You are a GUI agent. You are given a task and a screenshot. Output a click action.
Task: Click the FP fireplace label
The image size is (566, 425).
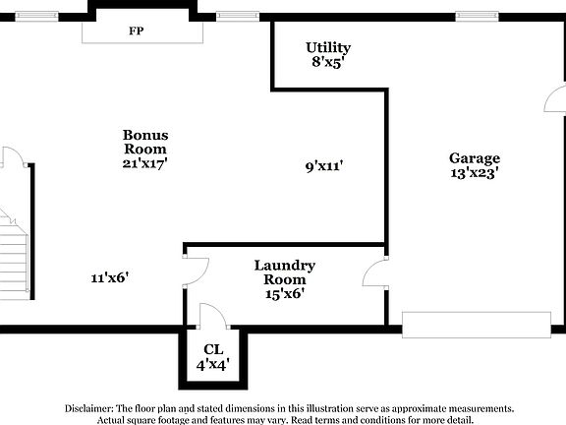[x=137, y=30]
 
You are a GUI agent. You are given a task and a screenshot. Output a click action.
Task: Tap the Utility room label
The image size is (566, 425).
[x=327, y=47]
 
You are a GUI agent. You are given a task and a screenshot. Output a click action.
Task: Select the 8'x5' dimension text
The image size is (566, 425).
[x=327, y=62]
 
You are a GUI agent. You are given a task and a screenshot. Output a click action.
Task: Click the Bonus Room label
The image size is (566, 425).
[x=145, y=142]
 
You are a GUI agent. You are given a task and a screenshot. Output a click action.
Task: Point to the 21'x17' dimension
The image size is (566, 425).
[x=145, y=164]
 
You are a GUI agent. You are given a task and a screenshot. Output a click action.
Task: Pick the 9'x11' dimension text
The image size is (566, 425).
[x=323, y=166]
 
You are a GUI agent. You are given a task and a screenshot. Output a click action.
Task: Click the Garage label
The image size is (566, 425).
[x=475, y=157]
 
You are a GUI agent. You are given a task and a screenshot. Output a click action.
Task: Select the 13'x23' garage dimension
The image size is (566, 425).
[x=475, y=172]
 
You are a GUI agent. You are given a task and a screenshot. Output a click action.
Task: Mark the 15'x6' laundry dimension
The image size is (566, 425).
[x=284, y=294]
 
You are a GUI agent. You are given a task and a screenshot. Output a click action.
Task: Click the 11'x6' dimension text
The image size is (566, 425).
[x=110, y=278]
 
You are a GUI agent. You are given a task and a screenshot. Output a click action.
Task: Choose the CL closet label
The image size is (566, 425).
[x=213, y=349]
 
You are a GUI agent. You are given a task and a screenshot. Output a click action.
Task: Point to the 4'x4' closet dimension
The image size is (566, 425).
[x=213, y=364]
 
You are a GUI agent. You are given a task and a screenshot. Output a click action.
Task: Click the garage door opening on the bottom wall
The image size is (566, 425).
[x=476, y=326]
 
